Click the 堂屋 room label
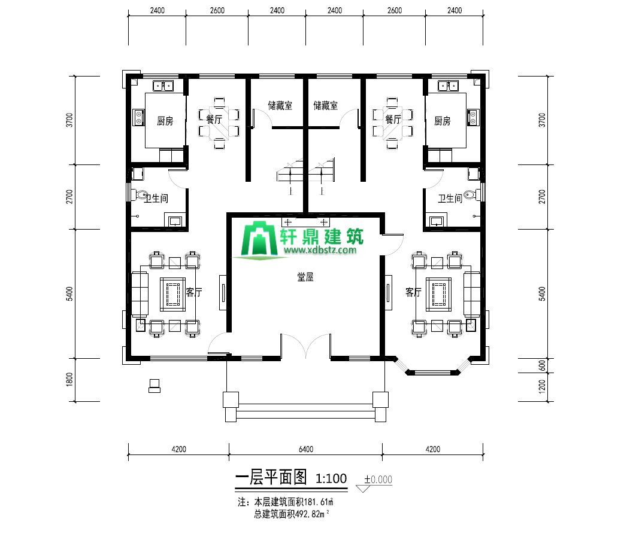305,277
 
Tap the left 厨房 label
165,121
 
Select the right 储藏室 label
326,105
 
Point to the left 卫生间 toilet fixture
141,195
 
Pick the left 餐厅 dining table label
214,119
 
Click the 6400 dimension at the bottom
306,449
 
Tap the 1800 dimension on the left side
69,379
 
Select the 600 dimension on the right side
543,365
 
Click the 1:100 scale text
331,478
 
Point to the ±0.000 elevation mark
378,480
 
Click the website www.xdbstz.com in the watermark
320,250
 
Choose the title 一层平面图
271,478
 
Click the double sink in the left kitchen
163,86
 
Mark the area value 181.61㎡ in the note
319,502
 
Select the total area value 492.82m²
312,514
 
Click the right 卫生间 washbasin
437,221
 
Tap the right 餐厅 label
393,119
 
